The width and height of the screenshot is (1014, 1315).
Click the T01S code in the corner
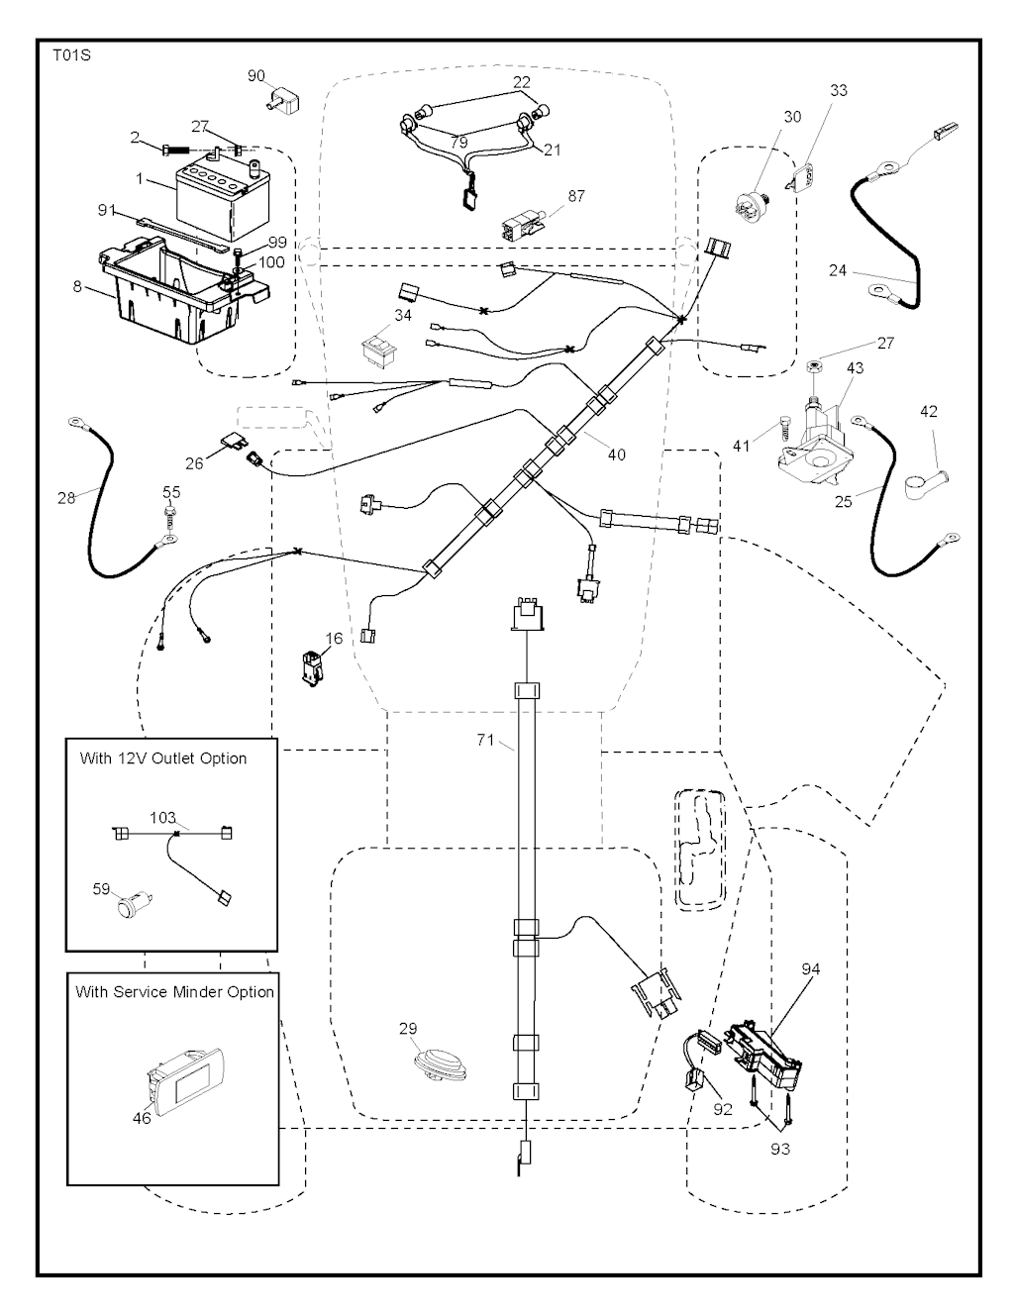click(x=71, y=56)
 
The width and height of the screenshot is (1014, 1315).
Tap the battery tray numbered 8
click(x=178, y=287)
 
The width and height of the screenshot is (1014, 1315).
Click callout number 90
click(x=255, y=75)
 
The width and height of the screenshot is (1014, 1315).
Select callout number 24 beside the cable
click(x=838, y=268)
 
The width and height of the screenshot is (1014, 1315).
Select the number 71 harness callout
click(x=485, y=740)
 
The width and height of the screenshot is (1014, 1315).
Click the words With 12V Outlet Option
click(x=163, y=759)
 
